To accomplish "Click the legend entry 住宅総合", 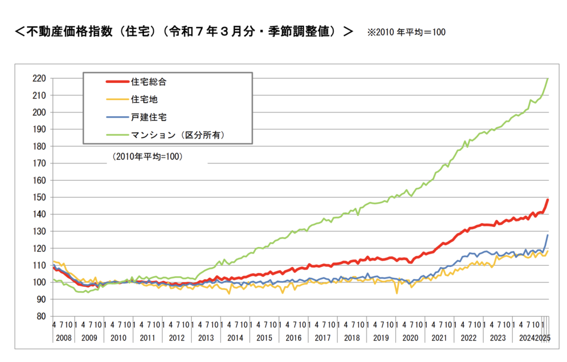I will (x=148, y=82).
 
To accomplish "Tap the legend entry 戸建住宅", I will (x=148, y=117).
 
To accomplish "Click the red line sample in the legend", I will (x=116, y=82).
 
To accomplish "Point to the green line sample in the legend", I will (x=116, y=135).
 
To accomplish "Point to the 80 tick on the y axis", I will (x=40, y=317).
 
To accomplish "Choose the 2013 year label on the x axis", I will (x=205, y=338).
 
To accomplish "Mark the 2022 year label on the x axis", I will (x=468, y=338).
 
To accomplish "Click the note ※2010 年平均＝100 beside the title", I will (x=406, y=32).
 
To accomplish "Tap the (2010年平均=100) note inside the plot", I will (x=147, y=157).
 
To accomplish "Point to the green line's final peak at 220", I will (x=548, y=79).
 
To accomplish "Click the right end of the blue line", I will (x=548, y=235).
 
